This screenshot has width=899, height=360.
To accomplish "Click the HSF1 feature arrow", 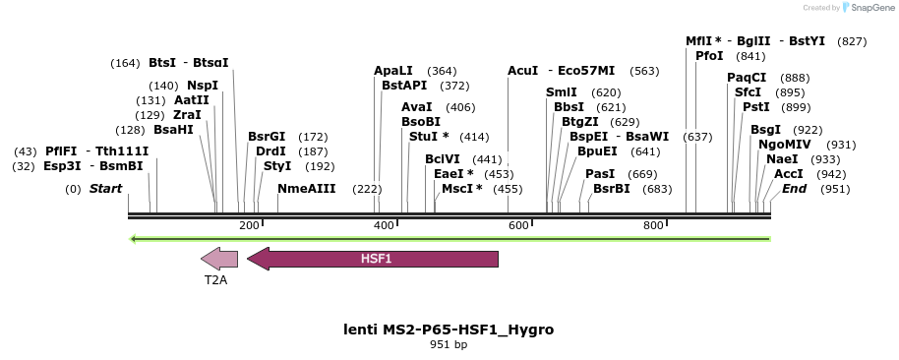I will click(373, 259).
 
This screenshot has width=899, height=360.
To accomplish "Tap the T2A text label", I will click(215, 280).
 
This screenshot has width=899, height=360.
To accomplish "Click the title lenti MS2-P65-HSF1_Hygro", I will click(449, 330).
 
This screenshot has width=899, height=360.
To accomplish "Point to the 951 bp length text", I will click(449, 345).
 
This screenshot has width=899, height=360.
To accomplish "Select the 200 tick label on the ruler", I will click(249, 226).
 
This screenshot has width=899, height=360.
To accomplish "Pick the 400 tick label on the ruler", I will click(384, 226).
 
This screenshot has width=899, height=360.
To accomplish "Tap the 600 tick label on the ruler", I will click(518, 226).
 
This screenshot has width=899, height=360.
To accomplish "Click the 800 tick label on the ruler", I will click(653, 226).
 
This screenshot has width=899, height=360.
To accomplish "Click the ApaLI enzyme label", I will click(393, 71).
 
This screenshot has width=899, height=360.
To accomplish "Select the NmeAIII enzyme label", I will click(307, 189).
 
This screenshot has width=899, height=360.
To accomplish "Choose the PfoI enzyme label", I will click(709, 56).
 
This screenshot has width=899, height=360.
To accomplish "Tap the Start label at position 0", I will click(106, 189).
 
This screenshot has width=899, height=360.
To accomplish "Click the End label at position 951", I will click(794, 189).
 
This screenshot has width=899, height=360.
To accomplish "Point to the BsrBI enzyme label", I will click(612, 189).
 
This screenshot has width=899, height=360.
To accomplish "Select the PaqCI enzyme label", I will click(747, 78).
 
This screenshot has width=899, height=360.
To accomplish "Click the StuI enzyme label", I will click(429, 137).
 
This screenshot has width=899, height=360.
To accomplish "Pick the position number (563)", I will click(644, 71).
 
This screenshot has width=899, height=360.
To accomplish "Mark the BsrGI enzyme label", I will click(267, 137).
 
